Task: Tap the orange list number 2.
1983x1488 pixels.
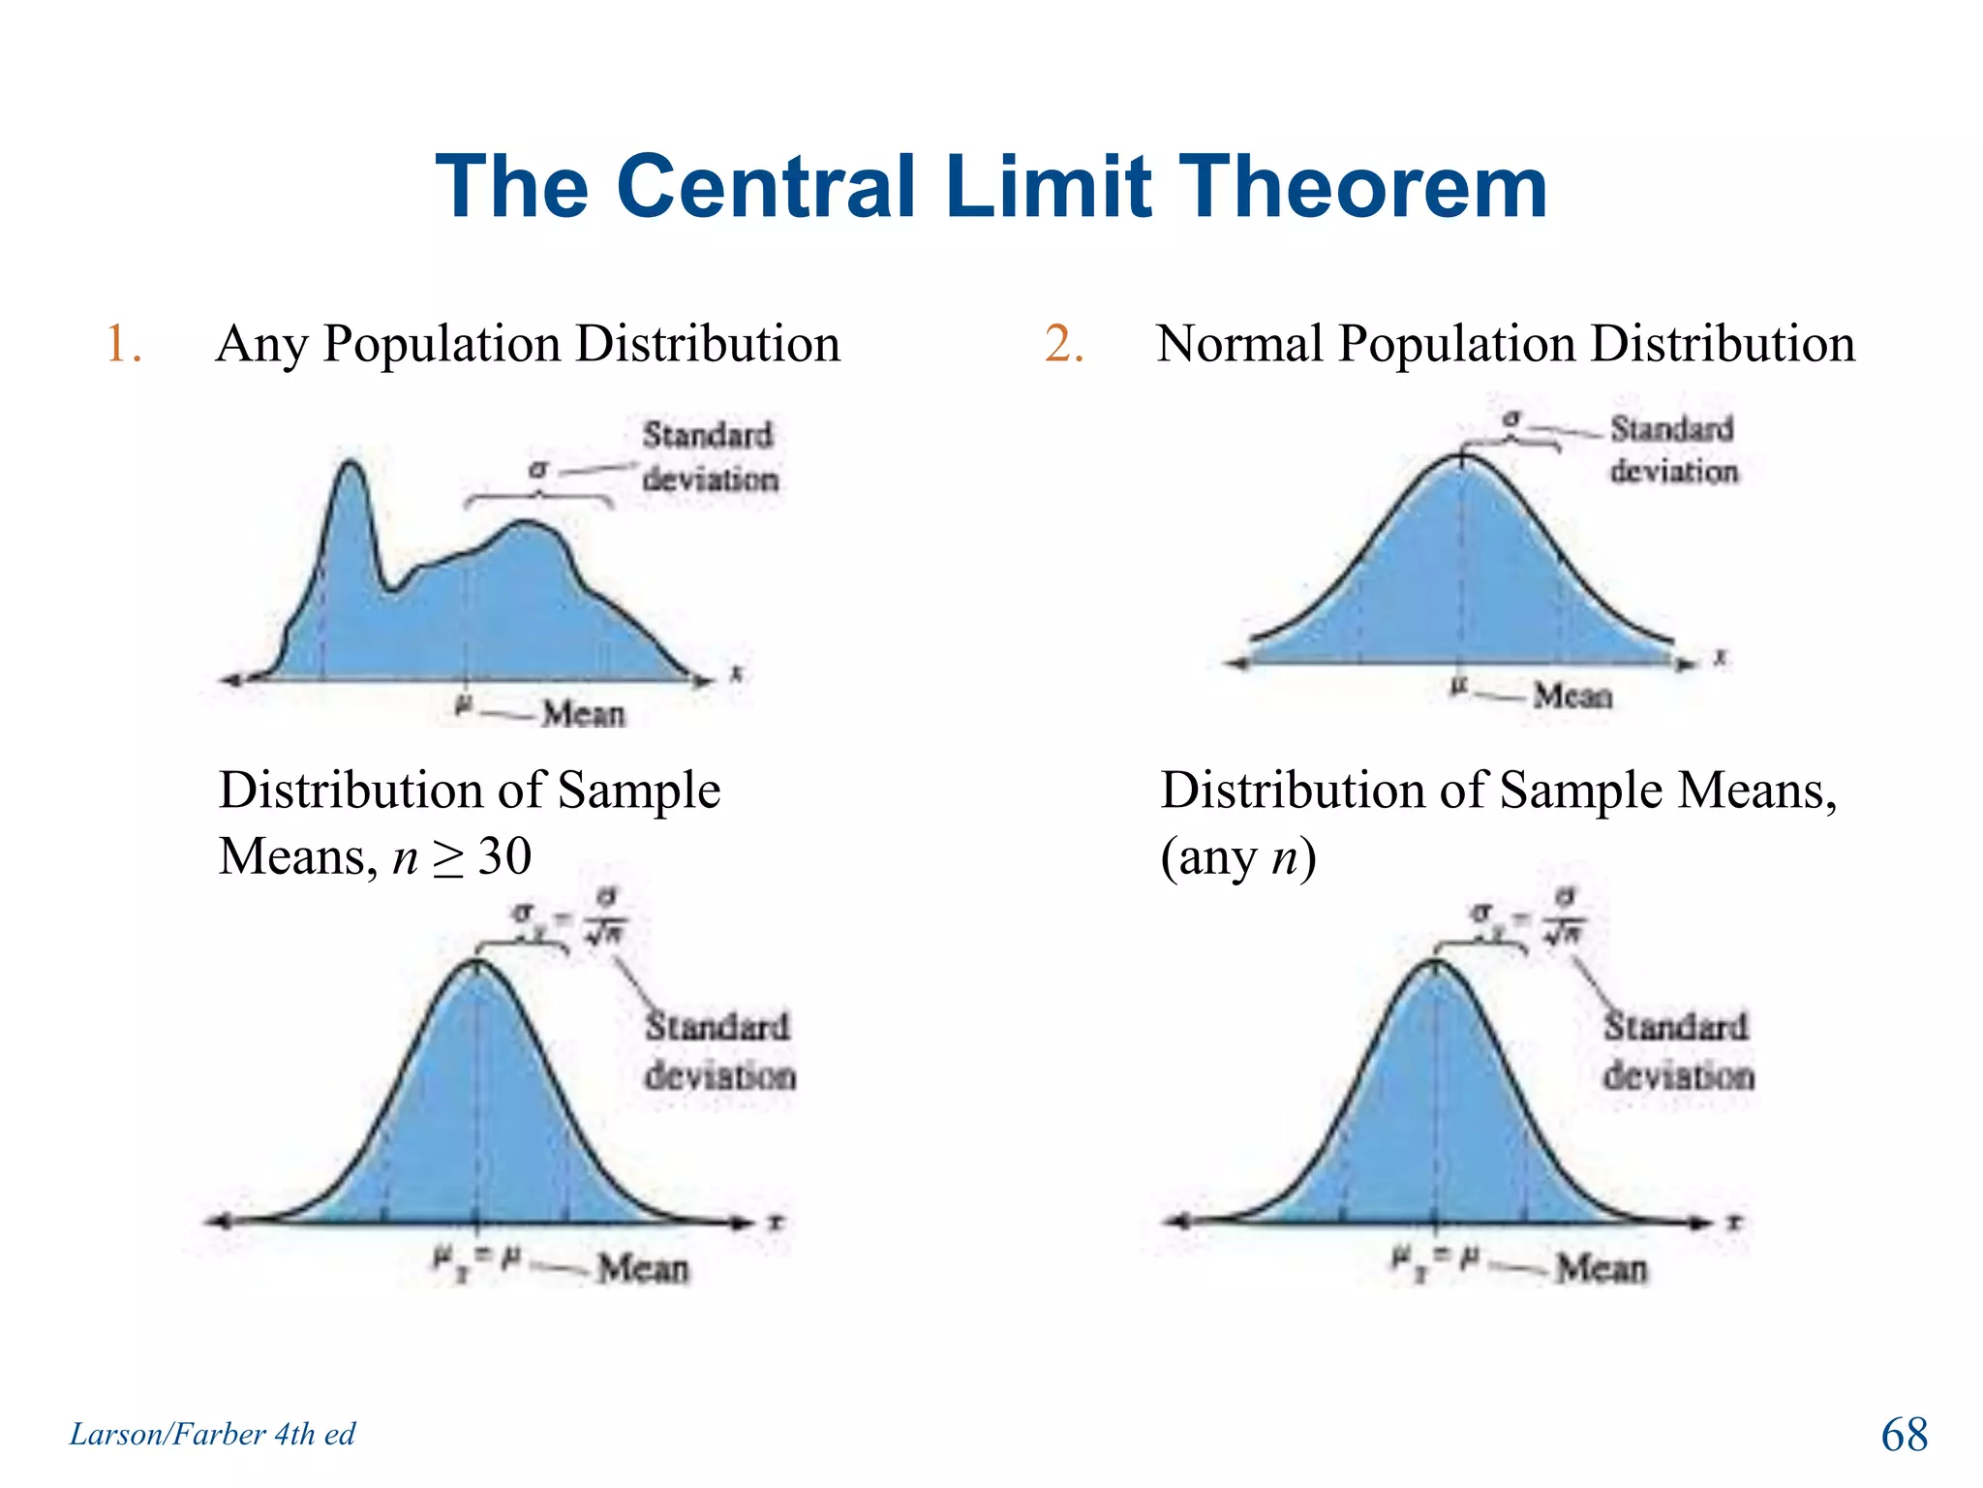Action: click(1062, 345)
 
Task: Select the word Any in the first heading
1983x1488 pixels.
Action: click(262, 345)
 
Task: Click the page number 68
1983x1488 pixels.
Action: click(1904, 1435)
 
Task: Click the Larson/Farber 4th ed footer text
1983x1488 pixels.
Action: click(212, 1434)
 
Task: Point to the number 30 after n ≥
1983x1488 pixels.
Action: click(504, 856)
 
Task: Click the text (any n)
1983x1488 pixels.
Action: click(1237, 857)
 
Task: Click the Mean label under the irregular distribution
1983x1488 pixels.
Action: click(583, 714)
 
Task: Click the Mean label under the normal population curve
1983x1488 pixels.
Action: click(1572, 696)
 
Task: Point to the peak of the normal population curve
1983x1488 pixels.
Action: click(1462, 456)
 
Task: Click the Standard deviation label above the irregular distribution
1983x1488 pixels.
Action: click(709, 456)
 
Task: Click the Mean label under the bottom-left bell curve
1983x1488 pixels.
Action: click(643, 1268)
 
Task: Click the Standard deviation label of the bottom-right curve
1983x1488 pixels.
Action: click(1678, 1051)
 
